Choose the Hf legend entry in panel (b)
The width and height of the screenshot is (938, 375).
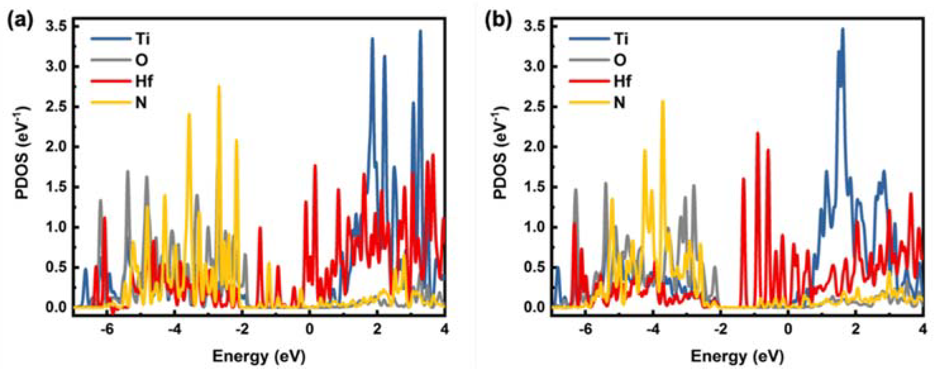point(622,82)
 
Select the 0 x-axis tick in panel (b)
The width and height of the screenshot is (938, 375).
point(788,329)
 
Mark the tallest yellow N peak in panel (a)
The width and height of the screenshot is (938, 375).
point(219,86)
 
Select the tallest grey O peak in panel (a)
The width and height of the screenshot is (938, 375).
point(128,171)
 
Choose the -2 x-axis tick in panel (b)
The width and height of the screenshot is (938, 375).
point(720,329)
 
